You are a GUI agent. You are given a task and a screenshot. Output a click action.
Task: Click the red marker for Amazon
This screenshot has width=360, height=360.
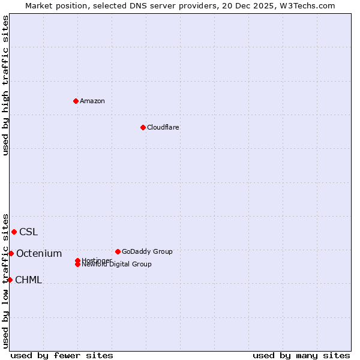coord(76,101)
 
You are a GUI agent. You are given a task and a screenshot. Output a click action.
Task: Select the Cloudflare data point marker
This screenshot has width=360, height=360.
coord(143,127)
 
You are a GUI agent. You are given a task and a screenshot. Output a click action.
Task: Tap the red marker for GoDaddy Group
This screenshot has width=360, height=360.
coord(118,251)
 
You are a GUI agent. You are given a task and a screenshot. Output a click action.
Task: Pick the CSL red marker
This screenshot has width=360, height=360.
coord(14,232)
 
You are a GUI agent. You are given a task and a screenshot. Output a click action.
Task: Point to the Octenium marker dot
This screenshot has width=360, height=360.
coord(11,253)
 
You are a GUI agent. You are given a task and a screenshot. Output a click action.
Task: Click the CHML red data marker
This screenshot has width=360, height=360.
coord(10,280)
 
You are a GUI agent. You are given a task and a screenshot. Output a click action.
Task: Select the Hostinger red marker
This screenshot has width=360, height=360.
coord(78,260)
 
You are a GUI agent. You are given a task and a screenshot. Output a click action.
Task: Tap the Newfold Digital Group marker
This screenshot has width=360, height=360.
coord(78,264)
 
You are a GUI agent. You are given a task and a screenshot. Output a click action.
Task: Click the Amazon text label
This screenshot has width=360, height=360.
coord(92,101)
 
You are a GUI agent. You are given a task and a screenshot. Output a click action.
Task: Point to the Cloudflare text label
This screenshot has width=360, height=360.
coord(163,127)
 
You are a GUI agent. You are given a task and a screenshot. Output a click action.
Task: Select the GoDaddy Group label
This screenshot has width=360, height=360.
coord(147,251)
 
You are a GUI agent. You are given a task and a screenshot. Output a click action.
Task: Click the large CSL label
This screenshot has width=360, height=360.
coord(28,232)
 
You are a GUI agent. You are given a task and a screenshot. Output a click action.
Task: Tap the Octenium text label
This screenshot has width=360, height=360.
coord(39,254)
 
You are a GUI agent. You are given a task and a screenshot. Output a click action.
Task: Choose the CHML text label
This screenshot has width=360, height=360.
coord(28,280)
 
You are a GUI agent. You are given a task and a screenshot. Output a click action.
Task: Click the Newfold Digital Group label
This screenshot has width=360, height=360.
coord(117,265)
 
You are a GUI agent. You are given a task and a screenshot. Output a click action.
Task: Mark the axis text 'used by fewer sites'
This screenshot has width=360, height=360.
coord(62,355)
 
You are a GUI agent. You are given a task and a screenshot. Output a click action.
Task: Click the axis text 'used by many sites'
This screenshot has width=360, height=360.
coord(301,355)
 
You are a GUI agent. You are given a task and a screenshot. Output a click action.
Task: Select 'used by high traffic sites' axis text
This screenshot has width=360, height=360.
coord(5,85)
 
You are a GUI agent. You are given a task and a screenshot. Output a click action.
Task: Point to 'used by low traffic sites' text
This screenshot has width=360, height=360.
coord(5,280)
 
